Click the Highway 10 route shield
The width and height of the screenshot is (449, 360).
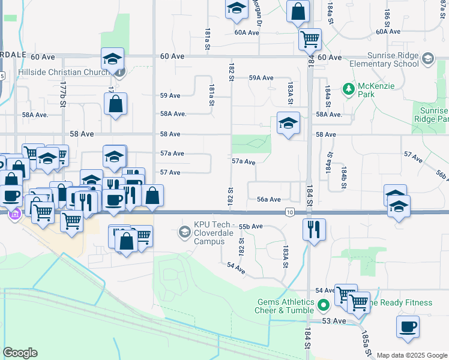tap(290, 212)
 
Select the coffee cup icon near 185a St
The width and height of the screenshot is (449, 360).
tap(408, 327)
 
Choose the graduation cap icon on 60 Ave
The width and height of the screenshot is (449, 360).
tap(112, 59)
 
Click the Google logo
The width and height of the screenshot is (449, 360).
tap(20, 353)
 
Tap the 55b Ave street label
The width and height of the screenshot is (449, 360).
tap(251, 226)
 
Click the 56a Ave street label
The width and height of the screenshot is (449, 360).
tap(269, 199)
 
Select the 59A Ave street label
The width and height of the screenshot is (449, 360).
tap(261, 78)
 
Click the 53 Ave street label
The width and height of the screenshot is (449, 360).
tap(334, 321)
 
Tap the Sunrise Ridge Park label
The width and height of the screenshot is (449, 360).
tap(431, 115)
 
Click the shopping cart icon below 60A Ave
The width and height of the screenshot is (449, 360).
tap(310, 39)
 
